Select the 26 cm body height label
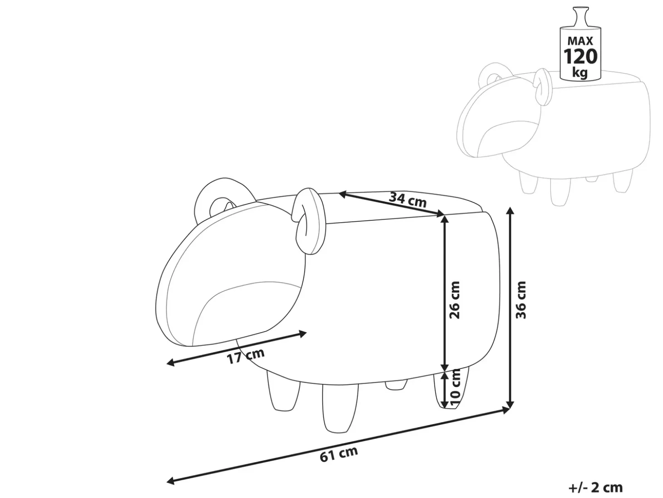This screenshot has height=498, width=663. click(x=454, y=300)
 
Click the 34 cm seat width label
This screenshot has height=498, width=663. click(x=407, y=199)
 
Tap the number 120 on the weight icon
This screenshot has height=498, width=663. click(x=580, y=56)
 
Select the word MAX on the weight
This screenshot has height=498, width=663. click(x=580, y=41)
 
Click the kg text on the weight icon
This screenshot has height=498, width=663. click(x=580, y=73)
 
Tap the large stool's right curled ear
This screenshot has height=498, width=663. click(x=308, y=224)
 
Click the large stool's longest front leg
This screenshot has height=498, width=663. click(x=340, y=408)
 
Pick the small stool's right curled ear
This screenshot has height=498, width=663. click(x=544, y=88)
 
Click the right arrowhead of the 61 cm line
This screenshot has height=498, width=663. click(x=505, y=409)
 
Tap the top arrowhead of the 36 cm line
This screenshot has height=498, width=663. click(x=510, y=211)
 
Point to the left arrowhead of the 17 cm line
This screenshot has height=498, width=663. click(x=171, y=363)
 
